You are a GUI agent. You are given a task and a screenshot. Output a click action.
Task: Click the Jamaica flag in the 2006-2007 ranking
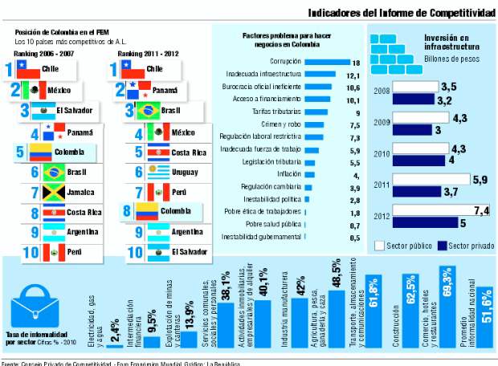point(54,193)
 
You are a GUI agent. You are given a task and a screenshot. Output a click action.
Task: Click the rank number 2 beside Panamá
point(120,90)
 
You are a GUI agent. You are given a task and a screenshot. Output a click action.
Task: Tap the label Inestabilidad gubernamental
point(261,237)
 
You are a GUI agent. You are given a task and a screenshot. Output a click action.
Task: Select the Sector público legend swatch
point(381,245)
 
